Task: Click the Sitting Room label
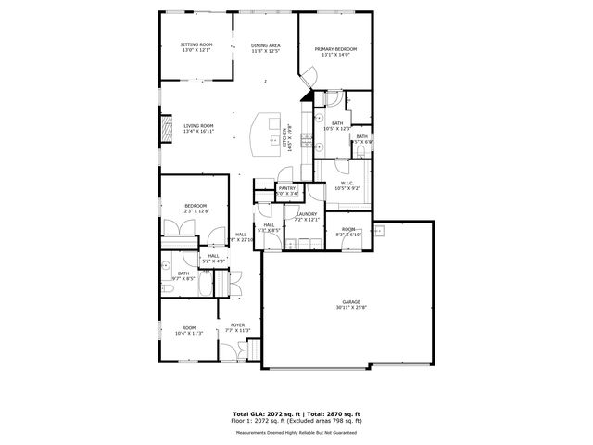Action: click(x=196, y=44)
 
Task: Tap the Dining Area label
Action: click(x=265, y=45)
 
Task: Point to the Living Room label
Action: click(x=198, y=126)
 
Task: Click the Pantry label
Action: click(x=287, y=188)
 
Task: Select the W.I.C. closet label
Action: click(x=349, y=183)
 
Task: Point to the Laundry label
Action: click(x=307, y=214)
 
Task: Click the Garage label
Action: click(x=351, y=301)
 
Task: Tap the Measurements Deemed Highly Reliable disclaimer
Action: click(x=296, y=432)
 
